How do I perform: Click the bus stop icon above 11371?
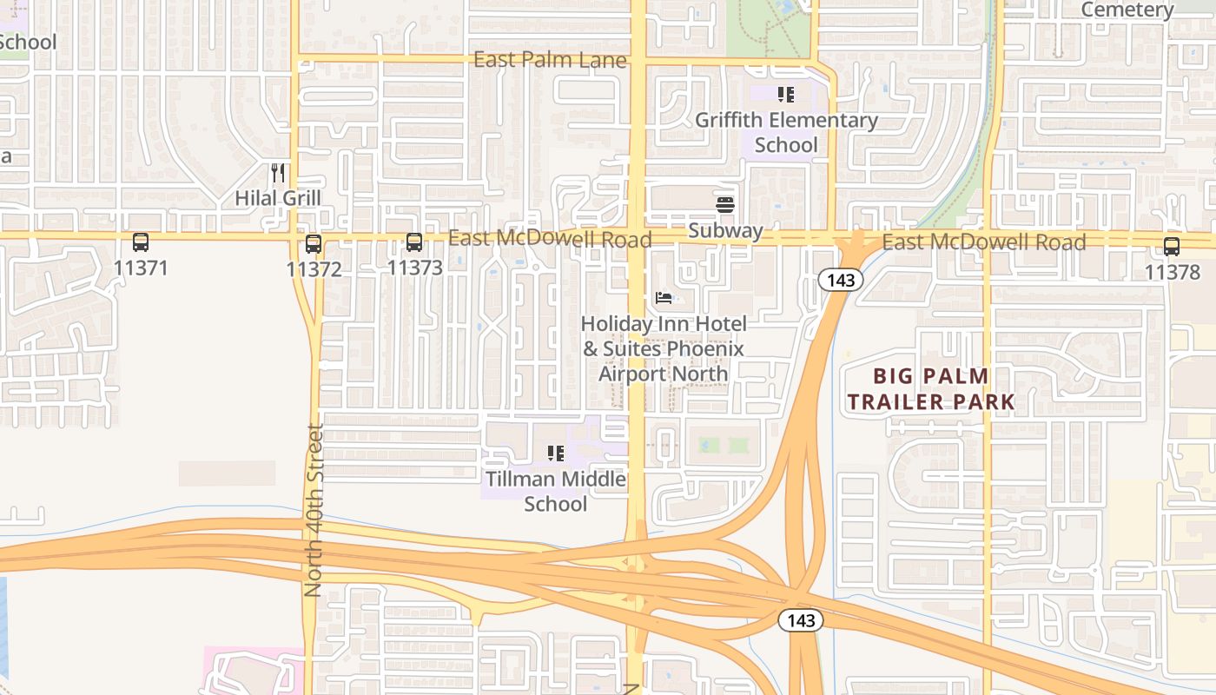(x=140, y=242)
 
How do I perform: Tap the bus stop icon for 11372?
(x=314, y=244)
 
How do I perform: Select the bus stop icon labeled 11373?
(x=414, y=242)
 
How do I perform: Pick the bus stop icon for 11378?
(x=1172, y=247)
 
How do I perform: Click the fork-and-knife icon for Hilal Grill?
(x=278, y=173)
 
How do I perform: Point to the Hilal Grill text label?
(x=278, y=198)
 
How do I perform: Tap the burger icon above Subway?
(x=725, y=205)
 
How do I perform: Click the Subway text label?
(x=725, y=231)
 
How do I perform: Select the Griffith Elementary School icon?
(x=786, y=95)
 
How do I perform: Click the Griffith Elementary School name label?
(x=786, y=132)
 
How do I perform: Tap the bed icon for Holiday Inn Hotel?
(x=664, y=299)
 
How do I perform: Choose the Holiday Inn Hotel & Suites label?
(x=664, y=348)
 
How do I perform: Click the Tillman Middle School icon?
(x=555, y=453)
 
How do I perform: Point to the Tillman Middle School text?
(x=555, y=491)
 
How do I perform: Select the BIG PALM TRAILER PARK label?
(x=931, y=388)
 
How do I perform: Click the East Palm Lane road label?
(x=550, y=60)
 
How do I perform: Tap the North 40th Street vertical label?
(x=314, y=509)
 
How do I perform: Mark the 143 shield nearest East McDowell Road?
(x=842, y=280)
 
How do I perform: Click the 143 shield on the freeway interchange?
(x=800, y=620)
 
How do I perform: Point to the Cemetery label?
(x=1127, y=10)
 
